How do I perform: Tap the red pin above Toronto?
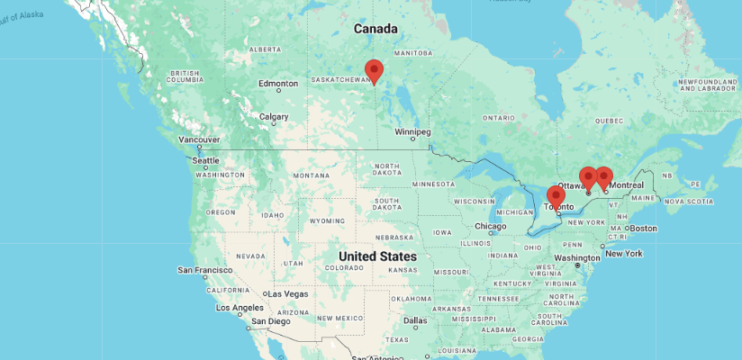(x=556, y=196)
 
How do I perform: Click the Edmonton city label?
(x=277, y=84)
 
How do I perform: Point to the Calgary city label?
(x=274, y=117)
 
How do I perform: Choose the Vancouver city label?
(x=199, y=139)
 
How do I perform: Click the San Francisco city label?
(x=206, y=270)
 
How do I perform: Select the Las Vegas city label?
(x=288, y=294)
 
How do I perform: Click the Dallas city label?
(x=415, y=320)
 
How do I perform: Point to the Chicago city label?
(x=491, y=226)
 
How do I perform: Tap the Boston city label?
(x=643, y=228)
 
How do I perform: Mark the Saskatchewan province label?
(x=340, y=79)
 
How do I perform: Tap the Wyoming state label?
(x=327, y=220)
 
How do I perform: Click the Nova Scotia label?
(x=689, y=201)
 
